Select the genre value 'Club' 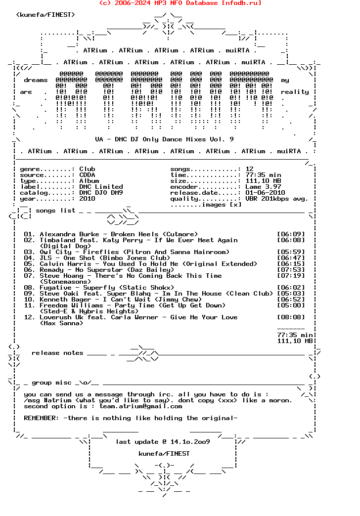(87, 169)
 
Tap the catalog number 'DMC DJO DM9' (101, 193)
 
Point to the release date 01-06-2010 (265, 193)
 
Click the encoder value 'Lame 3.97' (263, 187)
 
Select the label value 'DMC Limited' (101, 187)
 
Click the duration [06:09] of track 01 (291, 234)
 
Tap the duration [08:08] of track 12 (291, 317)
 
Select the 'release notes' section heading (57, 353)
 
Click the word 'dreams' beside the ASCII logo (36, 80)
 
